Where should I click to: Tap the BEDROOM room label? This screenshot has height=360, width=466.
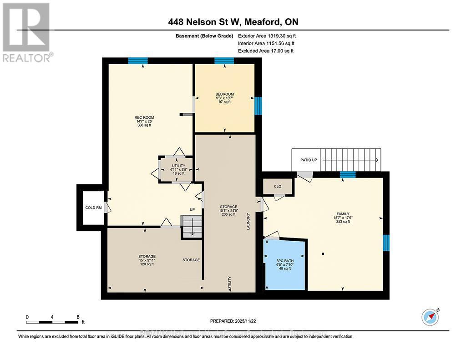tap(224, 94)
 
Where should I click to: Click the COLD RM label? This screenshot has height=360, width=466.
tap(93, 208)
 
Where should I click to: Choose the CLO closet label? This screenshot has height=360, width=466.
tap(277, 186)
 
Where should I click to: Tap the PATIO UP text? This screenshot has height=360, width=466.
tap(308, 160)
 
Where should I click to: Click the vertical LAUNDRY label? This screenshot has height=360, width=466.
tap(248, 222)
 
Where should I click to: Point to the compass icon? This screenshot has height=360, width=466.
tap(430, 317)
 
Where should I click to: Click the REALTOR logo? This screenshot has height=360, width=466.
tap(27, 32)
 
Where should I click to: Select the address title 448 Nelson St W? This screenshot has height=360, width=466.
tap(233, 22)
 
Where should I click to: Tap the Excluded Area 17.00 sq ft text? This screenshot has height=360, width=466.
tap(266, 51)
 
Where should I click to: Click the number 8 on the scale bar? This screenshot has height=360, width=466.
tap(78, 317)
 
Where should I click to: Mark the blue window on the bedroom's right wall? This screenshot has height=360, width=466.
tap(258, 106)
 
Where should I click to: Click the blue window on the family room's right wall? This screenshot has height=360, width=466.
tap(386, 243)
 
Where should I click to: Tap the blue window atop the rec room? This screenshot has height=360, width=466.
tap(137, 61)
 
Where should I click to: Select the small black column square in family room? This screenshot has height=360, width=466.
tap(323, 254)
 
